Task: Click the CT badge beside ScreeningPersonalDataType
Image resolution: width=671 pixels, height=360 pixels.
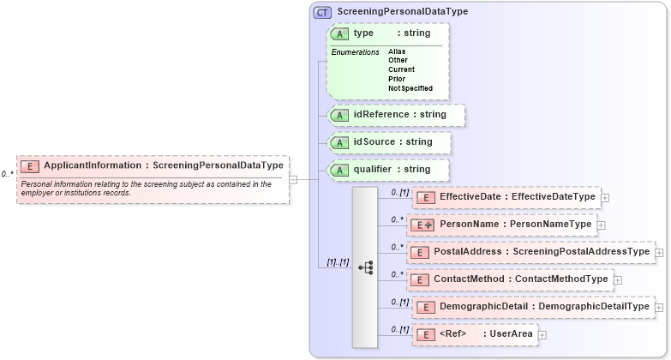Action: click(x=322, y=12)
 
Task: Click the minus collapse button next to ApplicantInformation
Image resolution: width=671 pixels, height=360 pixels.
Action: click(x=293, y=179)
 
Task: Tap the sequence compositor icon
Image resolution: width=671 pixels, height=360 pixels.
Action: click(x=365, y=267)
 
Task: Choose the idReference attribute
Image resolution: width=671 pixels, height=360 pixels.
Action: click(x=396, y=114)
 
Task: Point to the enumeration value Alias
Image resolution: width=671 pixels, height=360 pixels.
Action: click(x=397, y=51)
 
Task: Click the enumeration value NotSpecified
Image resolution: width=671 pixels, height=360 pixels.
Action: click(x=410, y=88)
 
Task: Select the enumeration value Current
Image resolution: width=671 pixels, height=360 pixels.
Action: click(x=401, y=69)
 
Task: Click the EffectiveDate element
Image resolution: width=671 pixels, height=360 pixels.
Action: click(x=506, y=197)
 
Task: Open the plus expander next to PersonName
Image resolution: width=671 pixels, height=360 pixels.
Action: click(x=601, y=225)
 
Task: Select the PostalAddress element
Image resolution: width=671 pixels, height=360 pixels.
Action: click(x=530, y=252)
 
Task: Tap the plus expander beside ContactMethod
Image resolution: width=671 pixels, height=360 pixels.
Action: click(x=617, y=279)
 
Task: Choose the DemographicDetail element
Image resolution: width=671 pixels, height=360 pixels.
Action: click(x=530, y=307)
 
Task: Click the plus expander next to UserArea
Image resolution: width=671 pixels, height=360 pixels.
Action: click(x=542, y=334)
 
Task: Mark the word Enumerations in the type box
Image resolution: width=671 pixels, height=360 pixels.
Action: click(x=355, y=52)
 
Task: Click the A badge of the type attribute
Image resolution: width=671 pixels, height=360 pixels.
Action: click(x=339, y=33)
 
